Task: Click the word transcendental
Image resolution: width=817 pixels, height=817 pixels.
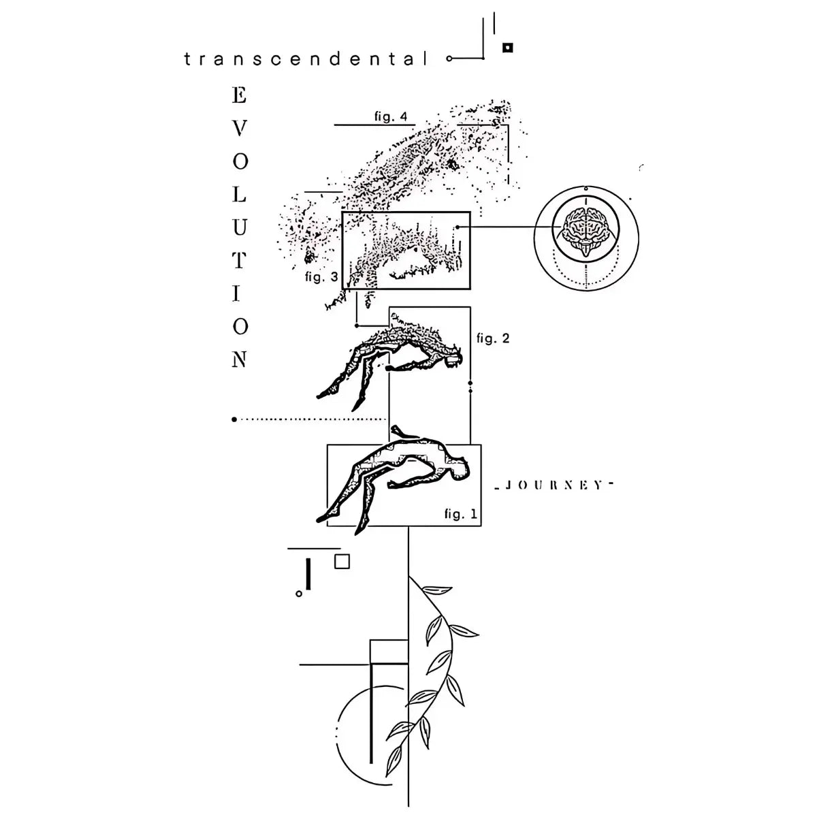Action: (x=307, y=59)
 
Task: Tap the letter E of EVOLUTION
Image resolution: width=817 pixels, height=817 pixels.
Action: (x=240, y=96)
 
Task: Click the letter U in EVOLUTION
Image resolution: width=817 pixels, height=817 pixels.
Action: (x=240, y=227)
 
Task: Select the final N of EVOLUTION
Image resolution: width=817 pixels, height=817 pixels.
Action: (x=240, y=359)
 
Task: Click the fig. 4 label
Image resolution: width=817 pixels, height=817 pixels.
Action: (x=391, y=116)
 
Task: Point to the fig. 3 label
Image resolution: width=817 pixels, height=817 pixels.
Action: (x=321, y=277)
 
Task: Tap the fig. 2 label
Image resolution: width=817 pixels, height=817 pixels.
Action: (x=493, y=338)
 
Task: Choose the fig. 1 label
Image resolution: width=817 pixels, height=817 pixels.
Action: (x=461, y=514)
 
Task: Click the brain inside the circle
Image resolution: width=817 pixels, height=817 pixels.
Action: (x=585, y=227)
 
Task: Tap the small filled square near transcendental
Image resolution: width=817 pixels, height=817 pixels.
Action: (x=507, y=48)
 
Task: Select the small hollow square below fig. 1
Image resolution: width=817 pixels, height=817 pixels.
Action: (x=342, y=561)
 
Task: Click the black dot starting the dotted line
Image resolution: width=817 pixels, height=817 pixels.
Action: (x=234, y=419)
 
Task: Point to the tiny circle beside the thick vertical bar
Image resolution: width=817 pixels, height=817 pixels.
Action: (x=298, y=594)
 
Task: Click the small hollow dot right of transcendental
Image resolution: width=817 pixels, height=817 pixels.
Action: (x=449, y=59)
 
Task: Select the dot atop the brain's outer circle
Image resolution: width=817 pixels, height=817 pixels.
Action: (x=586, y=187)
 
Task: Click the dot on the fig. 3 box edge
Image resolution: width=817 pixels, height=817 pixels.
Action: (x=458, y=227)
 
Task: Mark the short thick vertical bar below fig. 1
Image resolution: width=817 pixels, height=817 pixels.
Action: (x=309, y=574)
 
